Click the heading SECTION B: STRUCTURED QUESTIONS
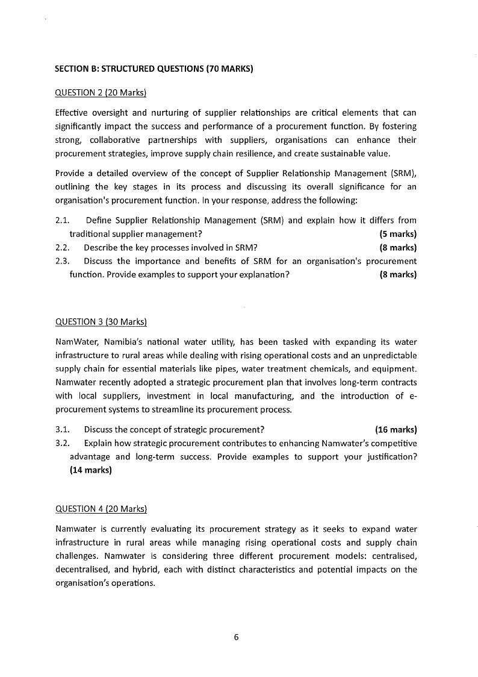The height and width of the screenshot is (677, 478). [x=154, y=69]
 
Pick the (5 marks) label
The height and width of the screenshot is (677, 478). [x=398, y=234]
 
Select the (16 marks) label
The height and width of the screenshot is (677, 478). [x=396, y=430]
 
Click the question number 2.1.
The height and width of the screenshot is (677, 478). [x=63, y=220]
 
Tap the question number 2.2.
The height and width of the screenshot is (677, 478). [x=63, y=247]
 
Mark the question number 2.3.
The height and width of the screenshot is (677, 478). [x=63, y=261]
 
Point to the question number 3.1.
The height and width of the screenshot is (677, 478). [x=63, y=430]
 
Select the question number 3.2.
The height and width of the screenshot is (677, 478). [x=63, y=444]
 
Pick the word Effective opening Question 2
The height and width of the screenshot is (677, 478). [x=73, y=113]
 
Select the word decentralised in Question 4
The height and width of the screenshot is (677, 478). [x=85, y=569]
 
